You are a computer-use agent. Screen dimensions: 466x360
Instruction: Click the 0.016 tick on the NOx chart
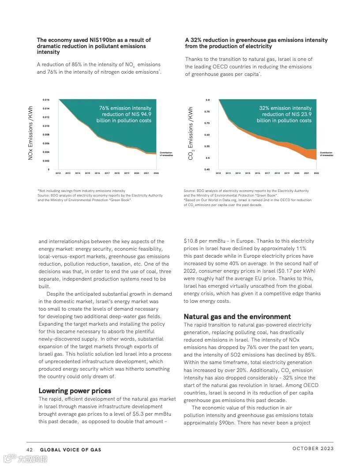(46, 100)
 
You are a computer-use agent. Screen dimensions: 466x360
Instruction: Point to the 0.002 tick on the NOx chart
(46, 161)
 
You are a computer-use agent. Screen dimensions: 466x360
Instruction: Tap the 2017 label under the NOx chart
(107, 173)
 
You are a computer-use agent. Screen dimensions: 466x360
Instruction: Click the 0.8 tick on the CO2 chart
(207, 100)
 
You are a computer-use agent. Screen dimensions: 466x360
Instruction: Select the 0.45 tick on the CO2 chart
(207, 169)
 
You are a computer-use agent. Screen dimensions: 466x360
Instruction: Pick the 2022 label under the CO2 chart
(316, 173)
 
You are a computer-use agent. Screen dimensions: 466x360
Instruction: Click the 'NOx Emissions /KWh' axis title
(30, 133)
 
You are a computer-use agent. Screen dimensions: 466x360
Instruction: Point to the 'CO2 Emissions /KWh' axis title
(191, 133)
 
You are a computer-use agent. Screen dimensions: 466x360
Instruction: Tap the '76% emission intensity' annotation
(125, 108)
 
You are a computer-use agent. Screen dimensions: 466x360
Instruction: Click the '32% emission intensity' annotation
(285, 108)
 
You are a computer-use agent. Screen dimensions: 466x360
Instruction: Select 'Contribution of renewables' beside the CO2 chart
(326, 154)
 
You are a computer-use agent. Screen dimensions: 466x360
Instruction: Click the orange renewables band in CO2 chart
(311, 154)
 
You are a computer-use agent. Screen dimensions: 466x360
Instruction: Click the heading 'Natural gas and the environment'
(237, 317)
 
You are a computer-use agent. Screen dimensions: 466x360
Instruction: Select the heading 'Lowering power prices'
(75, 391)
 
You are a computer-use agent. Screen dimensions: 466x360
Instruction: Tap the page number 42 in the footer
(30, 450)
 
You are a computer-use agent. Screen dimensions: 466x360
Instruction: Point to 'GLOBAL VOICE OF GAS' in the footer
(71, 450)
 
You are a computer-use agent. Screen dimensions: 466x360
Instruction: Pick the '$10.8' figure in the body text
(191, 241)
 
